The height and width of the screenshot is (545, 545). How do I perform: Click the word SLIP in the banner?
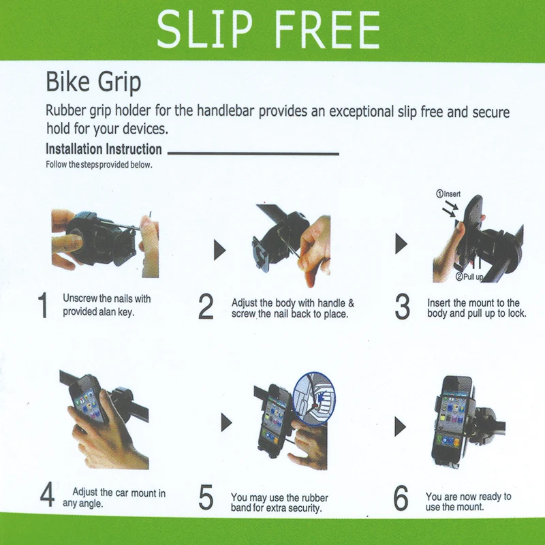click(x=204, y=29)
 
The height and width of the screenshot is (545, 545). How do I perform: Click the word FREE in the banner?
click(x=327, y=29)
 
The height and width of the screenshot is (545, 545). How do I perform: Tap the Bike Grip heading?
click(x=93, y=82)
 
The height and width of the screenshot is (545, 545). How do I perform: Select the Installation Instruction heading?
click(x=104, y=149)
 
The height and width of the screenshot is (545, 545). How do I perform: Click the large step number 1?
click(x=43, y=305)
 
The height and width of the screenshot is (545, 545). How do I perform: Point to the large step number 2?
click(x=206, y=306)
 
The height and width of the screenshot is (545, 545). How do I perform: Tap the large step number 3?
click(x=403, y=306)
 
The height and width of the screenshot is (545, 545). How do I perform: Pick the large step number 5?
click(x=206, y=497)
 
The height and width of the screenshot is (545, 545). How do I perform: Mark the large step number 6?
click(x=401, y=498)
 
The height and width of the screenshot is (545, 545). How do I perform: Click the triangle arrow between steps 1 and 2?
click(x=219, y=250)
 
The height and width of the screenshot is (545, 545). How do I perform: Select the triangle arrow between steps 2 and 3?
click(x=401, y=244)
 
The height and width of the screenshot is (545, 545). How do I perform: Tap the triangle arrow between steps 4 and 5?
click(x=226, y=422)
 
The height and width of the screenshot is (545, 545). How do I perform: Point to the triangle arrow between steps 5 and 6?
click(x=400, y=426)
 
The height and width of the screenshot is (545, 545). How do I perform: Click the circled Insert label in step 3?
click(x=448, y=194)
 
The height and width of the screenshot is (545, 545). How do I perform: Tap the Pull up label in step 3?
click(x=469, y=277)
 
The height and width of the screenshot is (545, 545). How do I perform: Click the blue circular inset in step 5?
click(x=314, y=398)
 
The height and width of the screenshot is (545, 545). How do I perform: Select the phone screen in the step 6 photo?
click(x=452, y=420)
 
